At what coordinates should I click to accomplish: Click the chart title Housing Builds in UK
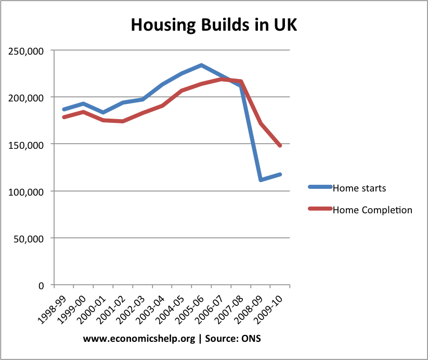(214, 24)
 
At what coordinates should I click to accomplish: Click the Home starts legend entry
(359, 188)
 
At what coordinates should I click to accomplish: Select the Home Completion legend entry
(372, 210)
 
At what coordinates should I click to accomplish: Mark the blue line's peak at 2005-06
(201, 65)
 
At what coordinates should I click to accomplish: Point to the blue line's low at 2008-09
(261, 180)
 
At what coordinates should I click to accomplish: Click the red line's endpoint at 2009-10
(280, 146)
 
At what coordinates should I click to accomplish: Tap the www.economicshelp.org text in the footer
(138, 338)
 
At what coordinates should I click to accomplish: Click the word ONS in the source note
(251, 338)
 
